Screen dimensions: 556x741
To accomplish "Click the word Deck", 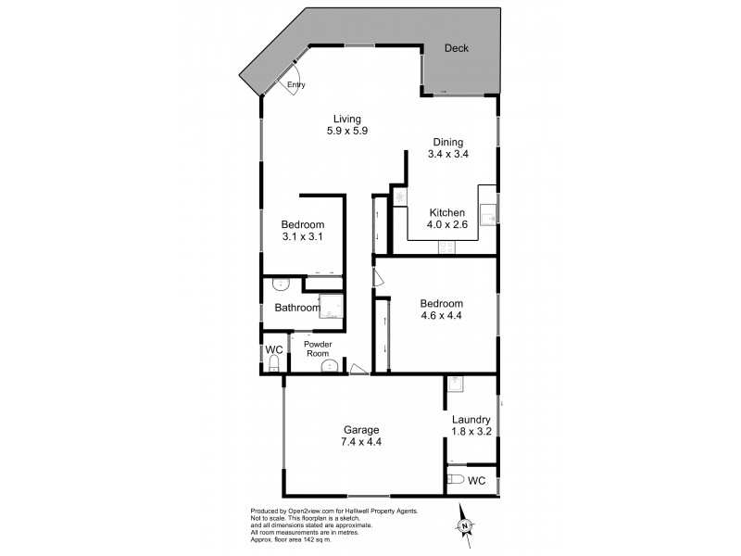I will point(456,48).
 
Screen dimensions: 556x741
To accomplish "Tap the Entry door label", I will point(295,85).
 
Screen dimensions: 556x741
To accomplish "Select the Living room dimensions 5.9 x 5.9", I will point(348,131).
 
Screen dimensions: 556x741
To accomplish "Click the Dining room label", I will point(448,142).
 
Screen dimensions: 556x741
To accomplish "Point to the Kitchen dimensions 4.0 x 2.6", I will point(446,224).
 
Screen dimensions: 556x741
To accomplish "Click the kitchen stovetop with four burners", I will point(446,247).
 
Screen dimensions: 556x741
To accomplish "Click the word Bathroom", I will point(296,308).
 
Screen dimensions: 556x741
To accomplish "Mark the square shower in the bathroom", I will point(331,307).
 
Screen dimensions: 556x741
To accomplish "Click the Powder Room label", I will point(319,348).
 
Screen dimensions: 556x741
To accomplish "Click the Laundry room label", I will point(471,420).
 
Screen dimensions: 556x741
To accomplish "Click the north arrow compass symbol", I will point(465,526).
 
